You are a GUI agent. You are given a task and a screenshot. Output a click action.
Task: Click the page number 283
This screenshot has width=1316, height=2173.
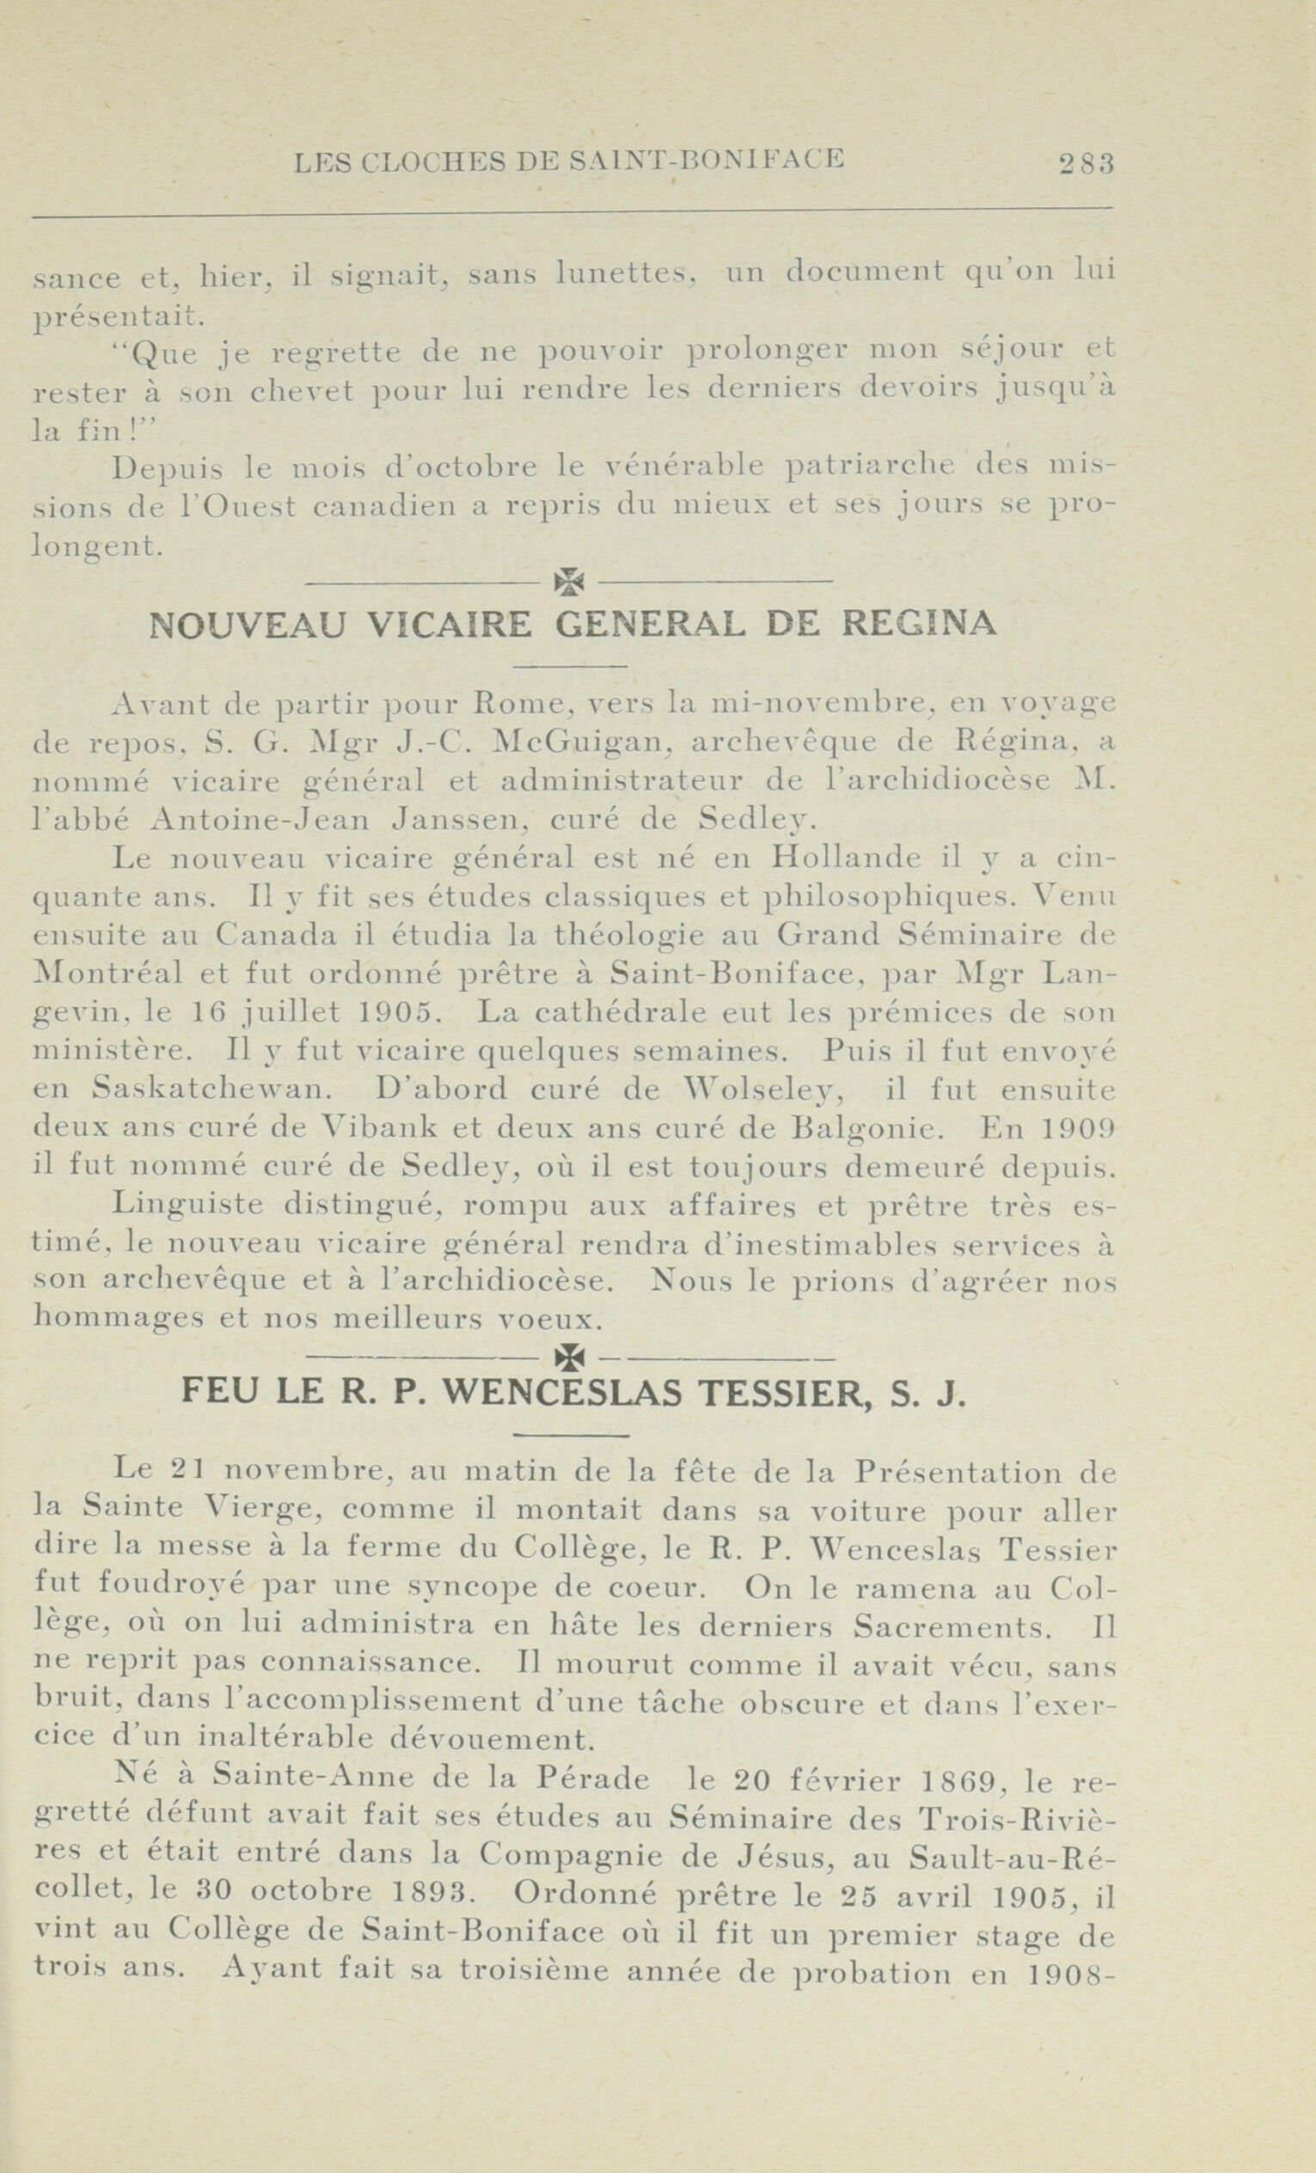1086,162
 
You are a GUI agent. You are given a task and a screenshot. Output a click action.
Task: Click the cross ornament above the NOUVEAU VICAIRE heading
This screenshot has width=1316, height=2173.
571,580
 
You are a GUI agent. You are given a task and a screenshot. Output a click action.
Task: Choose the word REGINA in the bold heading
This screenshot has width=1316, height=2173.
920,625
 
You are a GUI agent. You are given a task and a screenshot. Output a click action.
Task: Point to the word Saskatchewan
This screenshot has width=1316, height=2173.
212,1090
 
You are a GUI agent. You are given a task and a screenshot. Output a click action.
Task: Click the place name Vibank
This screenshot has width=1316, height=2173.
370,1129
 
